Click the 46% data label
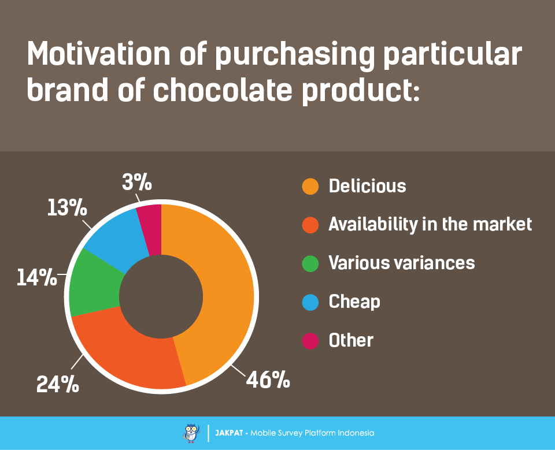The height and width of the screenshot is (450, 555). [268, 380]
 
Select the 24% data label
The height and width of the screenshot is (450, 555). [58, 384]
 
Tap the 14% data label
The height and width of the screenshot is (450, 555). [37, 277]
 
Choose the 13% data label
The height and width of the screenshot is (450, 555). [67, 207]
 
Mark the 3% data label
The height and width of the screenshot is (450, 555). [137, 182]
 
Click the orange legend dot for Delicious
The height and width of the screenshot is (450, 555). [310, 186]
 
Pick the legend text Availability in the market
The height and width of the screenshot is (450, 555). [430, 225]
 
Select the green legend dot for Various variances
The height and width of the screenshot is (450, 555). [310, 263]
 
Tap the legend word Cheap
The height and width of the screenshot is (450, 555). [354, 302]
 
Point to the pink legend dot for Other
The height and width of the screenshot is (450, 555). [310, 341]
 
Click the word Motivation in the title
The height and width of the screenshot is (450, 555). [99, 54]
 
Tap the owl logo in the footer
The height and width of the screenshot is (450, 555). [191, 433]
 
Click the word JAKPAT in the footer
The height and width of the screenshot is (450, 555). [229, 433]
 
